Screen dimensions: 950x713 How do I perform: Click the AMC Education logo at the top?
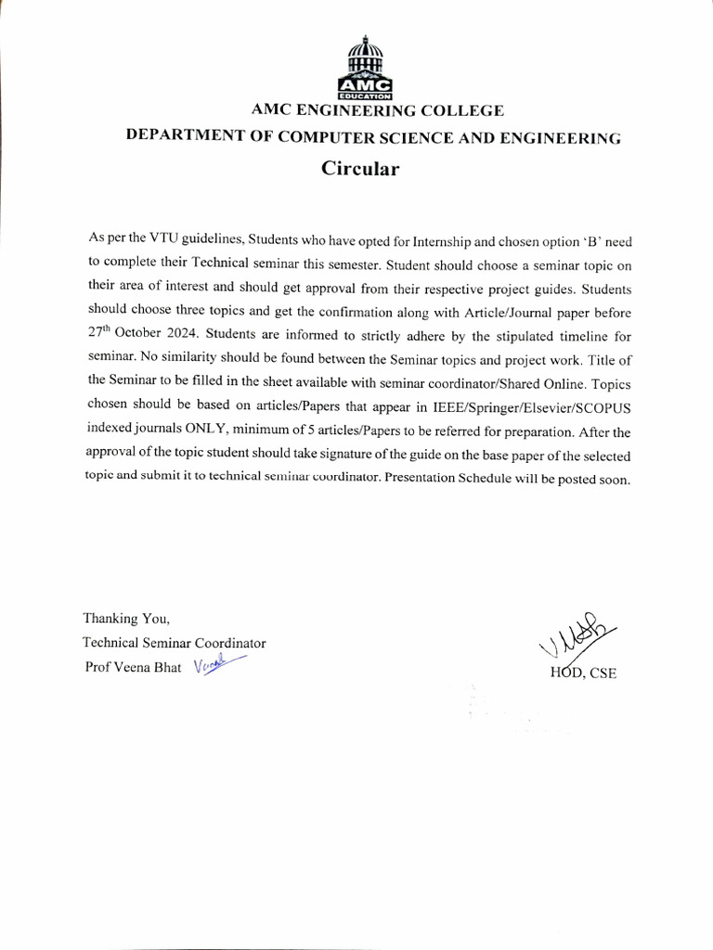click(370, 69)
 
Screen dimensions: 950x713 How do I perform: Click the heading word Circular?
click(359, 169)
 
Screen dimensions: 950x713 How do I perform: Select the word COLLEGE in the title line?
click(462, 110)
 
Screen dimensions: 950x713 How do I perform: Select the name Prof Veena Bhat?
click(132, 666)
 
